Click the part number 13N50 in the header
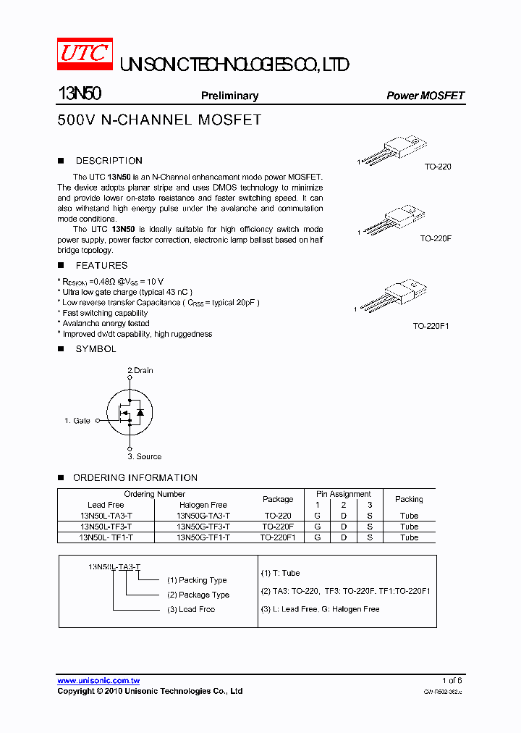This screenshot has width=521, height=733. (x=80, y=95)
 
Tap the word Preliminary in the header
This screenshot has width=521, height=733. (x=229, y=96)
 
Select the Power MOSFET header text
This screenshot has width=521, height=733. (x=425, y=96)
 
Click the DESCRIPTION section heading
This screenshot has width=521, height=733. (x=109, y=161)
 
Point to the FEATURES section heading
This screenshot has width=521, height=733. (x=101, y=266)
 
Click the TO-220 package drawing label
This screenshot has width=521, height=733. (x=438, y=167)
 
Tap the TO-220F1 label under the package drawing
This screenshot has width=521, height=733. (x=431, y=326)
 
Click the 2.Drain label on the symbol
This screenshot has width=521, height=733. (x=140, y=370)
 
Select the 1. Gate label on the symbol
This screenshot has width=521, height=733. (x=77, y=420)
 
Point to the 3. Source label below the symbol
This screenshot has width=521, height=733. (x=145, y=456)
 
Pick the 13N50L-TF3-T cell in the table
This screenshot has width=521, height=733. (x=106, y=527)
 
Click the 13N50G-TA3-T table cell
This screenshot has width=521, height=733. (x=203, y=516)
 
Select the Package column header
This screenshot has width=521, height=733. (x=278, y=499)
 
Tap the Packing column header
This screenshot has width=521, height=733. (x=409, y=499)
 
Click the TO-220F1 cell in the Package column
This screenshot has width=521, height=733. (x=278, y=537)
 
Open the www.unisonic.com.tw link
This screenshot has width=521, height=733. (x=98, y=681)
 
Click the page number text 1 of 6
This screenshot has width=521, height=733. (x=452, y=681)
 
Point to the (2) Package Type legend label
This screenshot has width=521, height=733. (x=198, y=595)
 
